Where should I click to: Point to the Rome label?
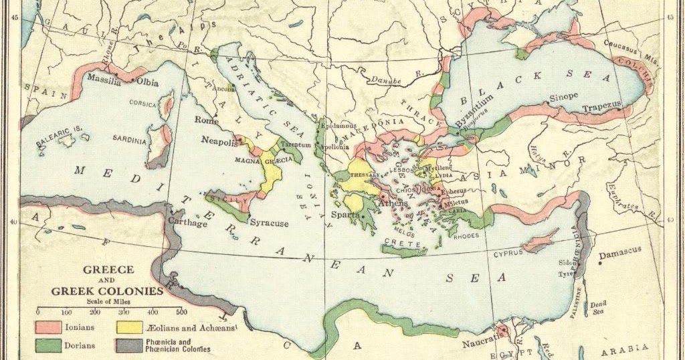[207, 120]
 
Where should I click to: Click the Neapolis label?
[220, 142]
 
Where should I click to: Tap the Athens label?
[393, 203]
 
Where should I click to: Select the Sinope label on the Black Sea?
[563, 97]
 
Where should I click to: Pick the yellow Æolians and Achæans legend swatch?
[128, 328]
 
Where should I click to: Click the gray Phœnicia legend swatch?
[128, 346]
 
